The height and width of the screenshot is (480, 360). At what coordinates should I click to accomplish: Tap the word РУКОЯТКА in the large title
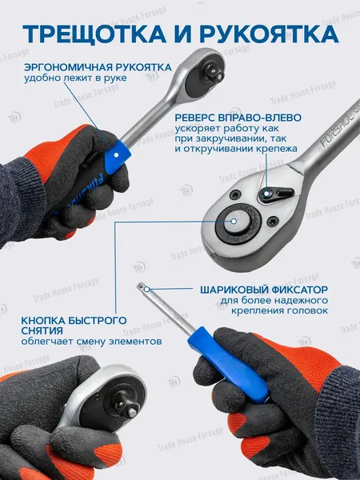click(x=270, y=33)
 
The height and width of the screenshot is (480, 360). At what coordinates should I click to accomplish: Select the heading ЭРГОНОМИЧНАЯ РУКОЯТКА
click(x=98, y=67)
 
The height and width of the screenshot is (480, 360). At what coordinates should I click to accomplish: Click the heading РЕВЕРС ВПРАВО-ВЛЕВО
click(x=238, y=118)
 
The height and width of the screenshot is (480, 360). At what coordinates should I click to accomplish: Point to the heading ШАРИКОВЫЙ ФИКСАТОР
click(x=264, y=290)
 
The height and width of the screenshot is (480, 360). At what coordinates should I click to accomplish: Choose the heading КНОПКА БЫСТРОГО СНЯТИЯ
click(x=74, y=326)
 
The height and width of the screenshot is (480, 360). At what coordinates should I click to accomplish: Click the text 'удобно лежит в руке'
click(x=75, y=78)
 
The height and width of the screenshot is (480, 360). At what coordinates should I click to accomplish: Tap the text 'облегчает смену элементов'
click(x=91, y=342)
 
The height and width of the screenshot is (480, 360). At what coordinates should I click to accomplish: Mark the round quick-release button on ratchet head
click(x=235, y=222)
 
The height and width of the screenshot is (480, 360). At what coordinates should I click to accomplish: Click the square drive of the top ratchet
click(x=213, y=71)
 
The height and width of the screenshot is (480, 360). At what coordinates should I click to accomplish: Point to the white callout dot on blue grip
click(x=116, y=155)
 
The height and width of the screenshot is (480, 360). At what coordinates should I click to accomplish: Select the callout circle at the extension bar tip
click(x=146, y=289)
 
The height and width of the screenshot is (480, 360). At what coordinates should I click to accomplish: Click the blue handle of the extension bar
click(x=228, y=364)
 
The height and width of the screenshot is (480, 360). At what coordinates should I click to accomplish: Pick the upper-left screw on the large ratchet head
click(x=235, y=194)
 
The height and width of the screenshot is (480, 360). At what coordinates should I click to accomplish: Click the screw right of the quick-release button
click(x=271, y=221)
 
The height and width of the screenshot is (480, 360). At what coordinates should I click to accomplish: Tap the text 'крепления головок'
click(x=279, y=310)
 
